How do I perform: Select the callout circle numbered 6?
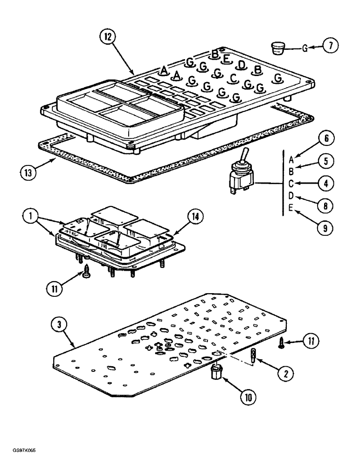click(x=327, y=138)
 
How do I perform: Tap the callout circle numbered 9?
click(x=327, y=228)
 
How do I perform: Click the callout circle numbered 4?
click(x=327, y=183)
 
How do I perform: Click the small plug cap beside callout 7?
click(x=279, y=48)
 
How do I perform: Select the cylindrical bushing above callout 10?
click(x=216, y=373)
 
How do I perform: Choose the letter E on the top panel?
click(x=226, y=59)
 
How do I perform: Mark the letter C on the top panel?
click(x=234, y=78)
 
